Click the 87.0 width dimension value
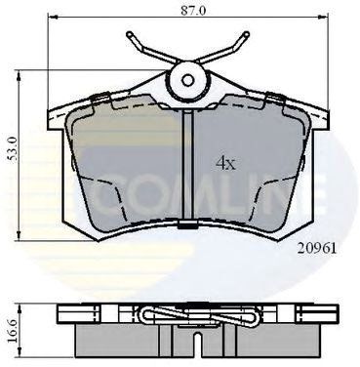(x=193, y=11)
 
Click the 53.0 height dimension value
(x=13, y=149)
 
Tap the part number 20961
(x=317, y=249)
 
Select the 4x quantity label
(x=225, y=163)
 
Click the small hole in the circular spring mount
(x=187, y=80)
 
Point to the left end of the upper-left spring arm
(x=129, y=34)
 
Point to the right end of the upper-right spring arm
(x=247, y=34)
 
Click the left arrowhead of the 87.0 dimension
(x=53, y=17)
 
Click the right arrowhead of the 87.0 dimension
(x=325, y=17)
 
